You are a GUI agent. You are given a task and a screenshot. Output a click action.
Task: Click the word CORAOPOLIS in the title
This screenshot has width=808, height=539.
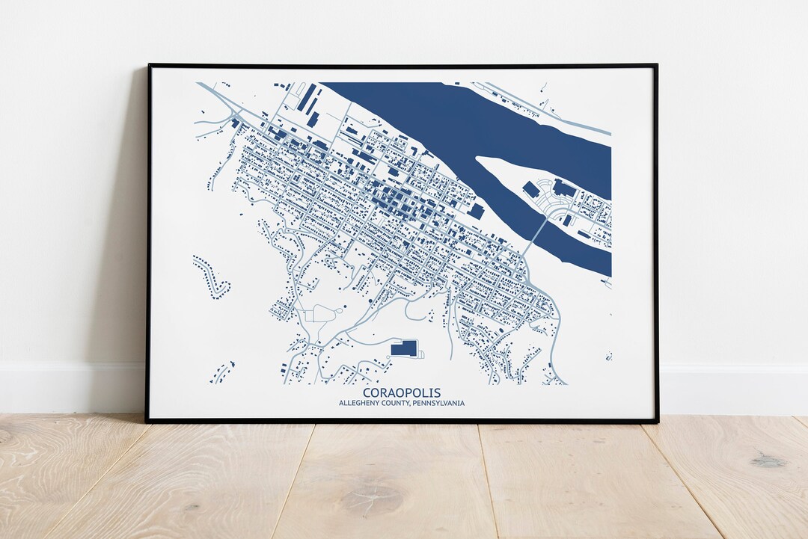(x=402, y=392)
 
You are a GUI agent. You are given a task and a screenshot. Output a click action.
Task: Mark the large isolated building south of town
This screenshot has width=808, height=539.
(x=404, y=348)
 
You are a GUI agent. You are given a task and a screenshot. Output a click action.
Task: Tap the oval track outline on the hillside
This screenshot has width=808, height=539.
(x=323, y=313)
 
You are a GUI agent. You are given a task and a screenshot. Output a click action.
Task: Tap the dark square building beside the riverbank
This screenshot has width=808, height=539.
(x=476, y=212)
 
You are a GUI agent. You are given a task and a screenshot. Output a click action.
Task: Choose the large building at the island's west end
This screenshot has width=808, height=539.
(x=530, y=190)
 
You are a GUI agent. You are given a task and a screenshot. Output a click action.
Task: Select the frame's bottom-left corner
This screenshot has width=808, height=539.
(x=148, y=421)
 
